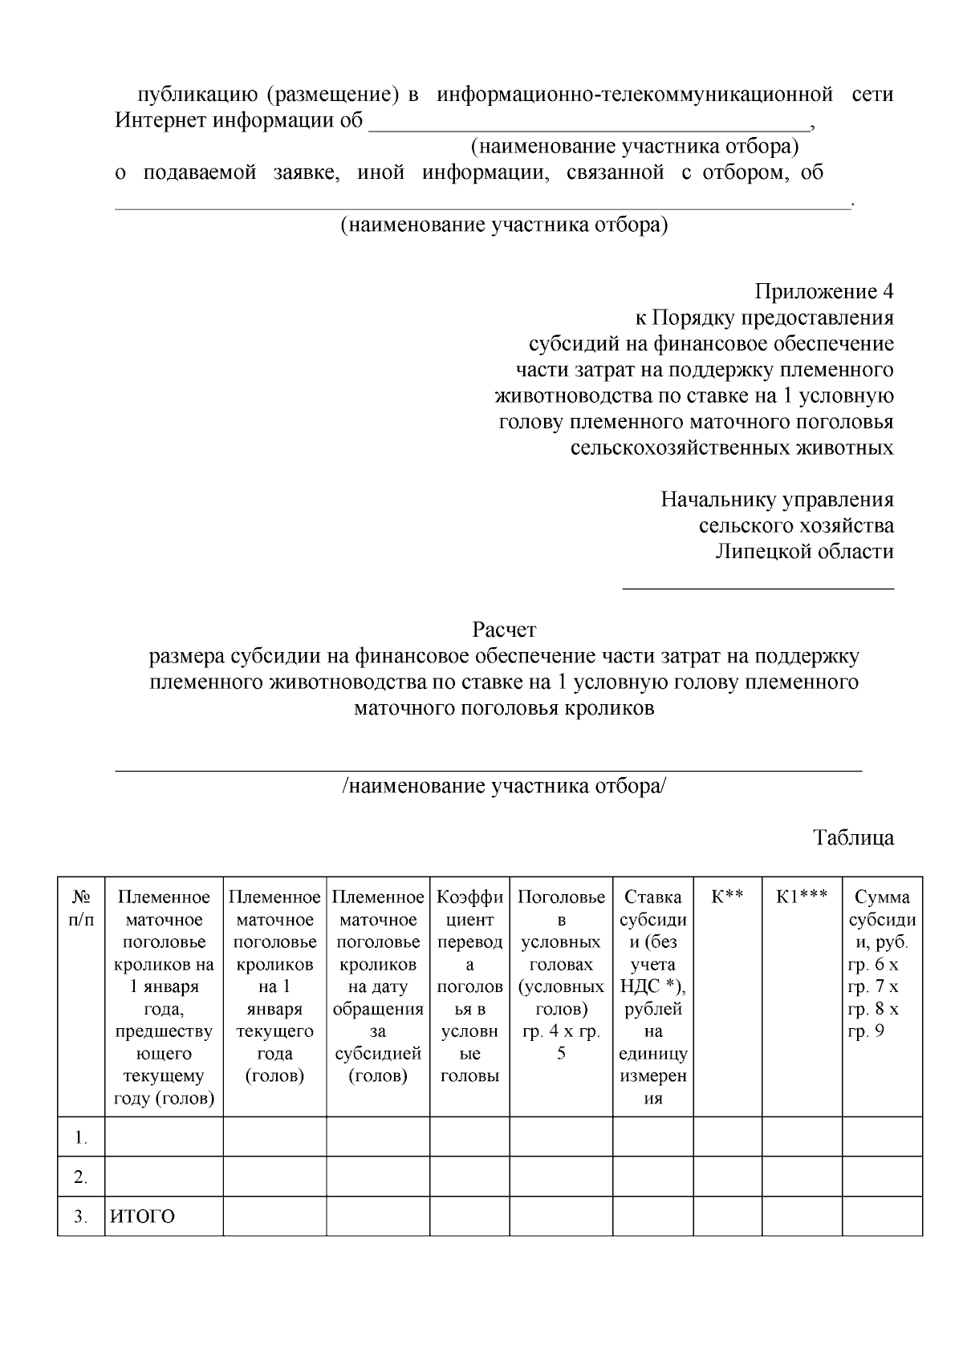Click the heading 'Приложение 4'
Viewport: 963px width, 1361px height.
coord(823,291)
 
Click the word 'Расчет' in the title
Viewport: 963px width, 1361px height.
coord(504,630)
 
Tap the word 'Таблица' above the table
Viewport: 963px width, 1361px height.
coord(853,838)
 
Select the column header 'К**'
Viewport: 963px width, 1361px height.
coord(727,897)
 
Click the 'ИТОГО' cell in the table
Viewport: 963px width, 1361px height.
coord(142,1217)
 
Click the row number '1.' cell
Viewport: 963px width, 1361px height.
coord(81,1137)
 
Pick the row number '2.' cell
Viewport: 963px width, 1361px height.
coord(81,1177)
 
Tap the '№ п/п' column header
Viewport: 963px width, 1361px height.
coord(81,909)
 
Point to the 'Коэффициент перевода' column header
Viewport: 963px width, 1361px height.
coord(469,986)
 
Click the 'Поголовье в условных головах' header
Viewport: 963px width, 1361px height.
coord(561,974)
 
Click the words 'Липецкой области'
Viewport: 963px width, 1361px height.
coord(804,552)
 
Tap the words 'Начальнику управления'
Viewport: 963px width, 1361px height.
coord(777,500)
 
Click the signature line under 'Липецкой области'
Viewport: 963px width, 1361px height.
coord(758,589)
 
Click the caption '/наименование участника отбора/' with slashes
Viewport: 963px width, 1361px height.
coord(504,786)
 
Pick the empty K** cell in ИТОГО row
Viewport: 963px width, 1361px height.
coord(727,1217)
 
